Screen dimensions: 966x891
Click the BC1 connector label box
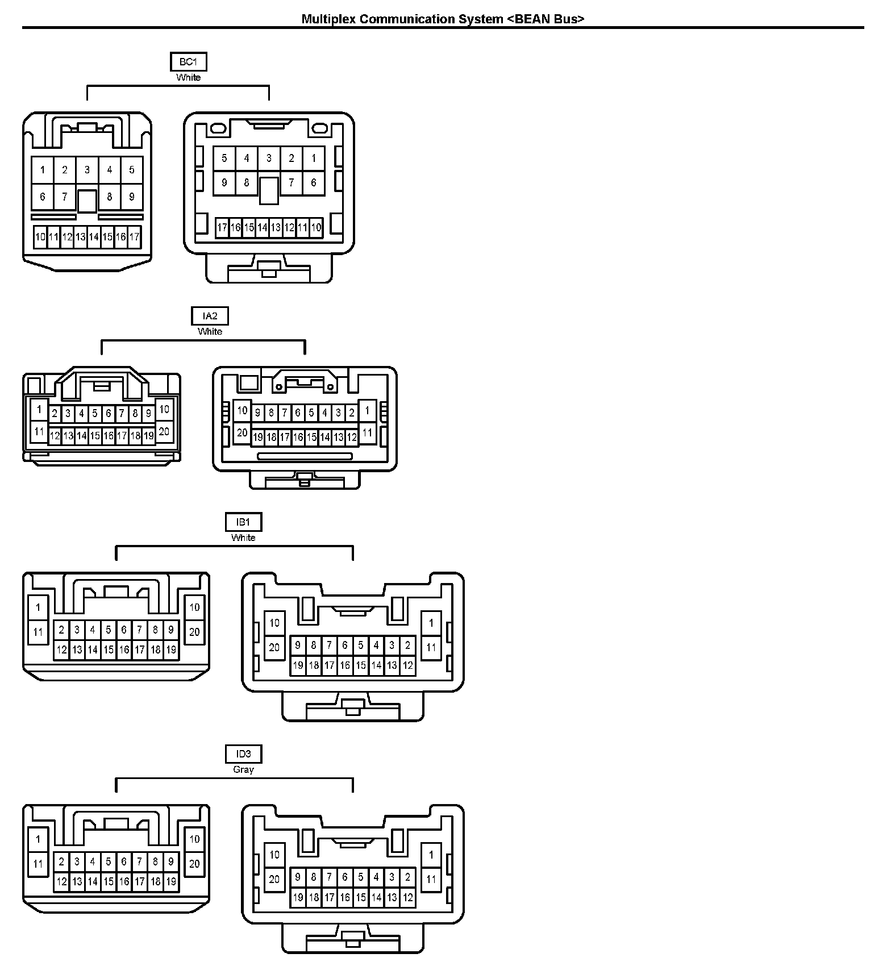point(188,61)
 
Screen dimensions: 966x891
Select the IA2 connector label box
point(210,316)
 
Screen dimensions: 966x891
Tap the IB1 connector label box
point(243,522)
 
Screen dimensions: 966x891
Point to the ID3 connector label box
point(243,754)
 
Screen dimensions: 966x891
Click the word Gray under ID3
point(243,769)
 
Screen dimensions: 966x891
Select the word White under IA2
point(210,331)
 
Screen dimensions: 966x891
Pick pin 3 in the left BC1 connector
point(87,169)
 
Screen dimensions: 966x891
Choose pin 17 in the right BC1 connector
point(222,228)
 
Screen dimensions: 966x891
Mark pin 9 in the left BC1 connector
point(132,197)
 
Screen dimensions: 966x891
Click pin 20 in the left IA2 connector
point(164,431)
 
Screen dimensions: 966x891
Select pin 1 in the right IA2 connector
point(367,410)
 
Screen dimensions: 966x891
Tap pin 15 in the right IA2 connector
point(311,437)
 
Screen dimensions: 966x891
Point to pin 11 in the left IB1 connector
point(38,632)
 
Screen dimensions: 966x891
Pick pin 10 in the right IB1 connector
point(274,623)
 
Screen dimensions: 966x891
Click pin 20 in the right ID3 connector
point(274,879)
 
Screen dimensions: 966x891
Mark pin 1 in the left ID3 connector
point(38,839)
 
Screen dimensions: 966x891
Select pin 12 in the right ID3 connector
point(407,898)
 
